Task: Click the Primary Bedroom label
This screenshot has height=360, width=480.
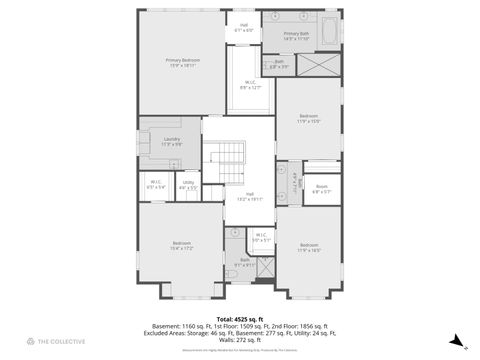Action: [x=183, y=63]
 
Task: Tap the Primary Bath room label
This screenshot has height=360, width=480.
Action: [x=296, y=35]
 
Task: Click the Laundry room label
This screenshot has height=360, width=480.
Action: [x=171, y=141]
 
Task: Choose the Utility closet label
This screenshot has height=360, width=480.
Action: [x=188, y=185]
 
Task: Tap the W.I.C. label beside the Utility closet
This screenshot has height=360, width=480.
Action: [x=157, y=184]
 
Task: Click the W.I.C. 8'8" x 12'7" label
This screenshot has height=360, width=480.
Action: [x=249, y=86]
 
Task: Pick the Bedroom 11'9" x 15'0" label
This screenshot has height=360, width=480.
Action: [x=308, y=119]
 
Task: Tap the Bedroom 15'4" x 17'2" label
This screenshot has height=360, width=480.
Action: [x=181, y=245]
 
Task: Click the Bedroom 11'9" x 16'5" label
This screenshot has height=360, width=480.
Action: [x=309, y=247]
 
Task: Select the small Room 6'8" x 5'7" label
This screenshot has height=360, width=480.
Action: [x=322, y=188]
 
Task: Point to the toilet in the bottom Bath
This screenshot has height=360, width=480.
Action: [x=232, y=271]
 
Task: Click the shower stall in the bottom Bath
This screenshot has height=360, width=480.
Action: [x=266, y=267]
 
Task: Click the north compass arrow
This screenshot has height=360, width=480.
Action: [x=455, y=340]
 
